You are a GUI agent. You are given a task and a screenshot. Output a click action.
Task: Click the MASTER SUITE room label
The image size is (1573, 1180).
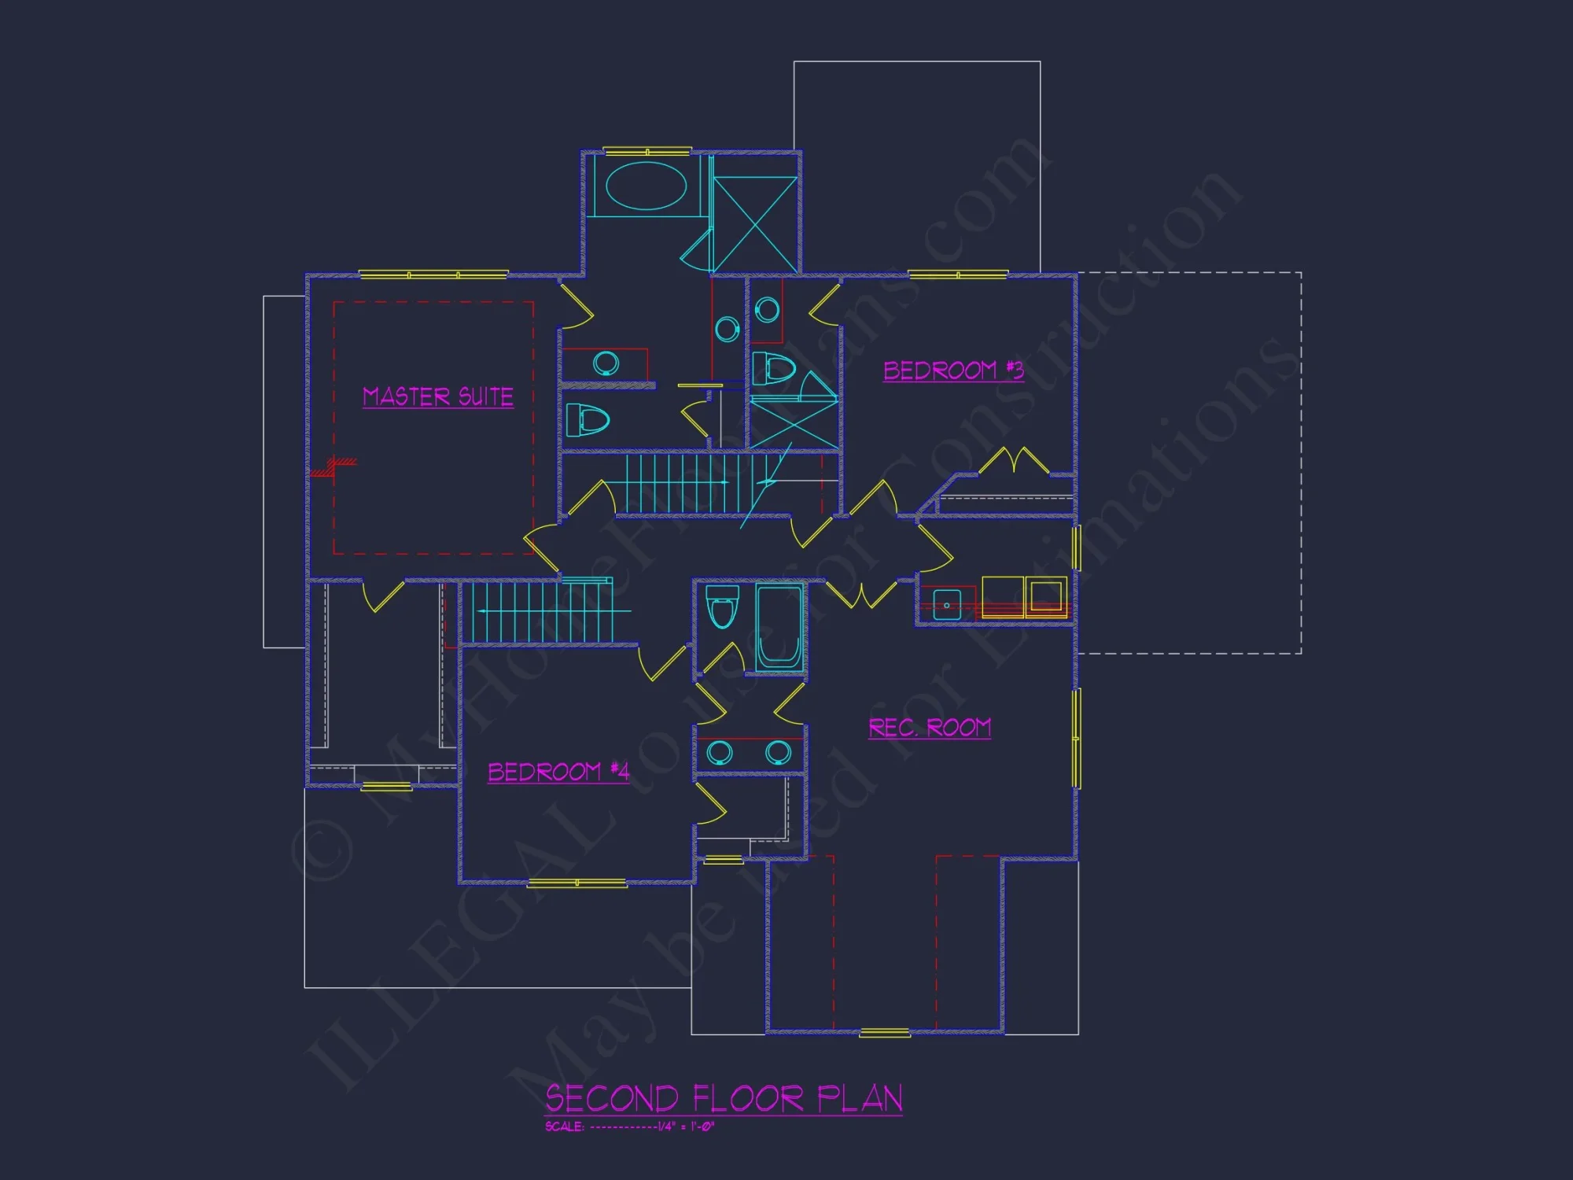(438, 396)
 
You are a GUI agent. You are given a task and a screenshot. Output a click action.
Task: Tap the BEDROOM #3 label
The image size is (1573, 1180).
(953, 370)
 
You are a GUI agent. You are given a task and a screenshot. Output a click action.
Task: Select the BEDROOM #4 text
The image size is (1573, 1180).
(558, 772)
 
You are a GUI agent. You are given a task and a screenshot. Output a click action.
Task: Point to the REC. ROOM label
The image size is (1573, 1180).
(930, 728)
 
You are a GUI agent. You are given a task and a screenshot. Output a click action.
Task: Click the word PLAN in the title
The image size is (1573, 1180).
(860, 1098)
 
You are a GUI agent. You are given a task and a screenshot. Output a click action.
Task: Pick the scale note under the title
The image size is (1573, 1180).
(629, 1127)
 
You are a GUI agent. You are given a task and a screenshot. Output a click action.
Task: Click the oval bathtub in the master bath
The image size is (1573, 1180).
(646, 186)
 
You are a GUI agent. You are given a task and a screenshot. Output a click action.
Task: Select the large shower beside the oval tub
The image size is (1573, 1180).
(755, 224)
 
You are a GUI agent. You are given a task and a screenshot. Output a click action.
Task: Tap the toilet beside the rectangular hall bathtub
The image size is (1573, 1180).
(722, 606)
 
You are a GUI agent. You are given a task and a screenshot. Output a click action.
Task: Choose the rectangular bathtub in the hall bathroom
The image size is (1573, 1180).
(779, 628)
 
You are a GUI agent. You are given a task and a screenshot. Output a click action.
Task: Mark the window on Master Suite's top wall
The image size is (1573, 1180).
(433, 275)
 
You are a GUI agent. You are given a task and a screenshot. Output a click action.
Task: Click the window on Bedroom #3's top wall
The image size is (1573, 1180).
(958, 275)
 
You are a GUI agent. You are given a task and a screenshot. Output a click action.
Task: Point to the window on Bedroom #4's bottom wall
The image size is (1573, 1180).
(577, 883)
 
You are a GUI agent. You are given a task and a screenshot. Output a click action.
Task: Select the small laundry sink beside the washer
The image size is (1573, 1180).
(947, 604)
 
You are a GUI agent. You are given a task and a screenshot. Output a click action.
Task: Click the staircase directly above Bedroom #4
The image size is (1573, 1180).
(543, 611)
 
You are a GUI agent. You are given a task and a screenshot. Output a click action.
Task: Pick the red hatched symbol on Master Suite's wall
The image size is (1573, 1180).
(333, 467)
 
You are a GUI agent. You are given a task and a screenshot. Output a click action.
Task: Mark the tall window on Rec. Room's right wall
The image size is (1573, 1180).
(1077, 737)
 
